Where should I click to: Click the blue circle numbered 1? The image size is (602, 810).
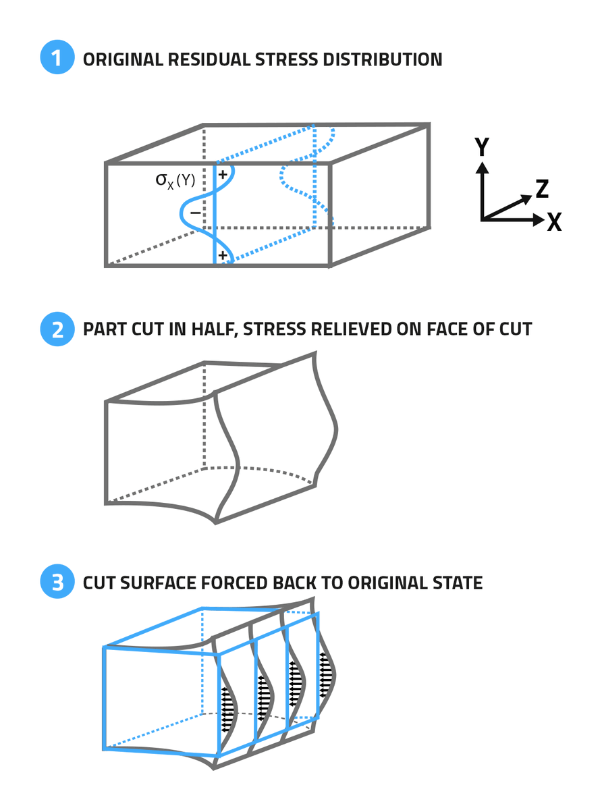57,59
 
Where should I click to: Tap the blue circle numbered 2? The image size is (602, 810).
57,329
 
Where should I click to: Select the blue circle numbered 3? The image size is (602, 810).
57,583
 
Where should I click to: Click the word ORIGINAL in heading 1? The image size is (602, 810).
121,59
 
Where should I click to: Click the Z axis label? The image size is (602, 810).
541,190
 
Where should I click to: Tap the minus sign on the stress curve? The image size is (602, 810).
194,213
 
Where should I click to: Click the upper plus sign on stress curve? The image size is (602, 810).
223,174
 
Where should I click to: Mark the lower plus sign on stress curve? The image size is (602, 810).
223,255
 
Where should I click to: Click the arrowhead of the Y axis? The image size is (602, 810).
482,167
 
